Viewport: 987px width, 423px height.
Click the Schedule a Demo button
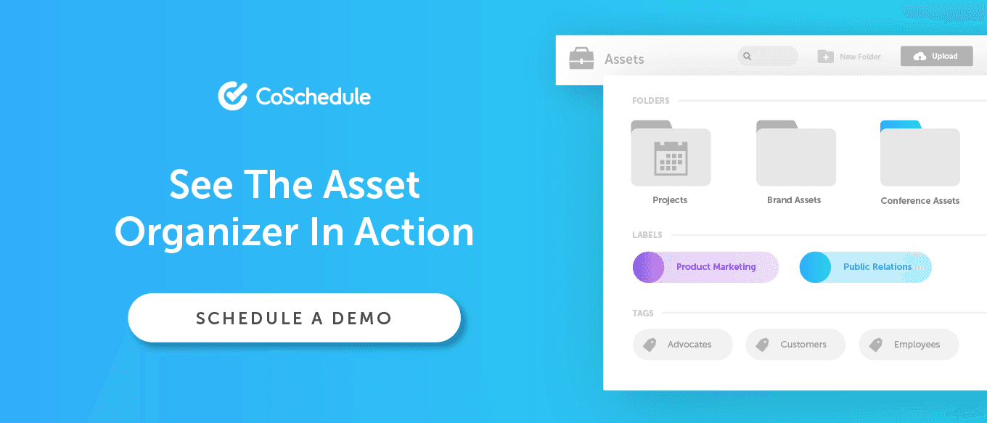[295, 318]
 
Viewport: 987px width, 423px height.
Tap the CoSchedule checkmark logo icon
[233, 96]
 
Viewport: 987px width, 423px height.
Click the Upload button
[936, 56]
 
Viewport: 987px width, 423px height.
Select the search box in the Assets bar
[768, 56]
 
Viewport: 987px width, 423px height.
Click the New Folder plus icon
[825, 57]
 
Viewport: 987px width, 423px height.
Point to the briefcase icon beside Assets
[581, 58]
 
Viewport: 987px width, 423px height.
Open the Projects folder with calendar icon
[671, 153]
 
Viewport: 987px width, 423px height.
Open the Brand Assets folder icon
[795, 153]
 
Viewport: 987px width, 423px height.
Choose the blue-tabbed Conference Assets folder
[920, 153]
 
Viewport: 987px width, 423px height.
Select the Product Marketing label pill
[705, 267]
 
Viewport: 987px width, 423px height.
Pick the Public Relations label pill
[865, 267]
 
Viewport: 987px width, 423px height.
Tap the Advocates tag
[682, 344]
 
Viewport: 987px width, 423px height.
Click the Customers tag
[795, 344]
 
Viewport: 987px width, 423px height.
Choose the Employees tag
[909, 344]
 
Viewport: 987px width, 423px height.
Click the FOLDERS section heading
[651, 100]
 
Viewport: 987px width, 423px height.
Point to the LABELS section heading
[647, 235]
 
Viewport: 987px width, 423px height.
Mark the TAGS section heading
[643, 313]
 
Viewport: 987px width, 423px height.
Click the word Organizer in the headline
[207, 233]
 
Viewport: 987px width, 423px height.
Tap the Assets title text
[624, 59]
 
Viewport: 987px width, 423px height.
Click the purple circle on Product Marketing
[648, 267]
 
